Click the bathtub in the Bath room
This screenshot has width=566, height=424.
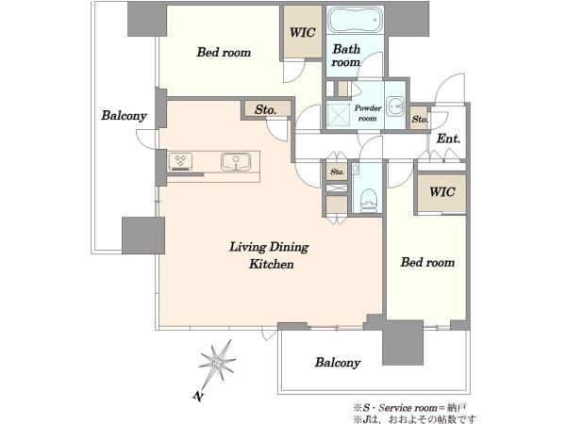click(354, 20)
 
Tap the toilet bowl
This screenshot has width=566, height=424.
click(368, 200)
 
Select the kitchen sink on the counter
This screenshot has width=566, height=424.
click(236, 161)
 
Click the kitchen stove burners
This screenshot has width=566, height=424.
click(180, 161)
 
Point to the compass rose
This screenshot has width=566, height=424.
click(217, 364)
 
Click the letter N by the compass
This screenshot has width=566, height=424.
click(197, 397)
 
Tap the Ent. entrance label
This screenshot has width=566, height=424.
click(448, 139)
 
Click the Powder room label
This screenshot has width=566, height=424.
click(368, 113)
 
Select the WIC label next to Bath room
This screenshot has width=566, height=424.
click(303, 32)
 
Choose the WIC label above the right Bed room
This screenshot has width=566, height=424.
click(441, 191)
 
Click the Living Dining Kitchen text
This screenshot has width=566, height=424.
click(269, 255)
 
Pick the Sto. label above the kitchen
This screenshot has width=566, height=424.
click(266, 109)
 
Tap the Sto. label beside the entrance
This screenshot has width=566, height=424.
click(420, 119)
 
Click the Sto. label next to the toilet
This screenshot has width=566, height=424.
click(337, 172)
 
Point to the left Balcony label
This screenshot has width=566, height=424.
click(124, 115)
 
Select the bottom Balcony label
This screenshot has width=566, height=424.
click(338, 363)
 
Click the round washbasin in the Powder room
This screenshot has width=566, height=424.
click(395, 106)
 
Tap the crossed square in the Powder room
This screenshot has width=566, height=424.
click(339, 114)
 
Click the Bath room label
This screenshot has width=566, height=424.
click(346, 56)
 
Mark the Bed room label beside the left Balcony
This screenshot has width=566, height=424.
click(224, 52)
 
